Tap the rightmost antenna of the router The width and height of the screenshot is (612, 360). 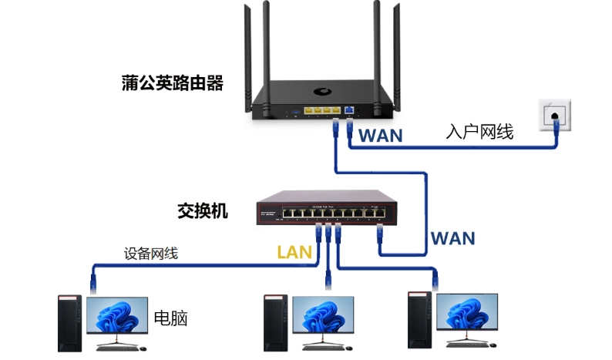point(398,54)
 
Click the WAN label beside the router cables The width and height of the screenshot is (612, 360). point(381,136)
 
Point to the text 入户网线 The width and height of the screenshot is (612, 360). point(479,132)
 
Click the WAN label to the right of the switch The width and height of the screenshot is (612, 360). point(452,237)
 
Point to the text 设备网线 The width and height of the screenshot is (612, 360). point(151,253)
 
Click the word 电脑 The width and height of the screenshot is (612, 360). point(171,318)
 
